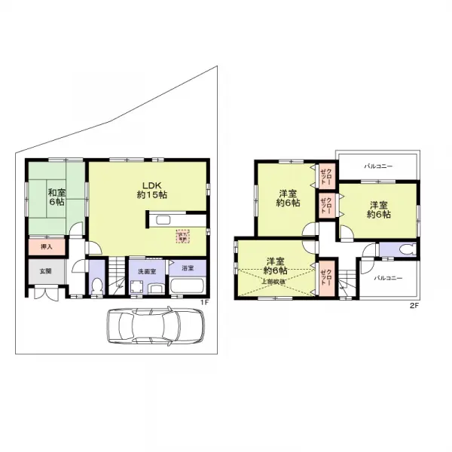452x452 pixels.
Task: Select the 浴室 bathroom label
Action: [x=186, y=268]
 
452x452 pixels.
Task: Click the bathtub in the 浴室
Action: [x=185, y=287]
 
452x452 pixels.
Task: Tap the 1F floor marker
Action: [x=203, y=304]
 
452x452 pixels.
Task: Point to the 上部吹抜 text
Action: [x=273, y=282]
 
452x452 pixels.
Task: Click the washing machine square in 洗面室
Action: [x=137, y=287]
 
